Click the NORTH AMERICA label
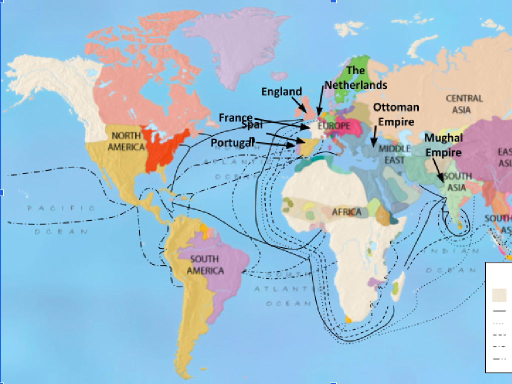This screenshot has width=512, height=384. [x=126, y=141]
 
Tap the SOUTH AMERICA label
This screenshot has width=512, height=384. [x=205, y=264]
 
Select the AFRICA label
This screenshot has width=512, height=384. [x=346, y=212]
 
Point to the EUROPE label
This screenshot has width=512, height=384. [x=333, y=126]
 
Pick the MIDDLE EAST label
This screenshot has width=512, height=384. [x=394, y=154]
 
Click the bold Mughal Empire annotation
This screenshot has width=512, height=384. [x=443, y=144]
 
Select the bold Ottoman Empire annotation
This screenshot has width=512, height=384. [x=396, y=114]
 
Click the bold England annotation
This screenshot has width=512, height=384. [x=281, y=91]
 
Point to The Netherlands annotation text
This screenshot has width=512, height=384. [x=355, y=78]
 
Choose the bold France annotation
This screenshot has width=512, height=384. [x=235, y=118]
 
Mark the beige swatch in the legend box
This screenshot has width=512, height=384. [x=499, y=295]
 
